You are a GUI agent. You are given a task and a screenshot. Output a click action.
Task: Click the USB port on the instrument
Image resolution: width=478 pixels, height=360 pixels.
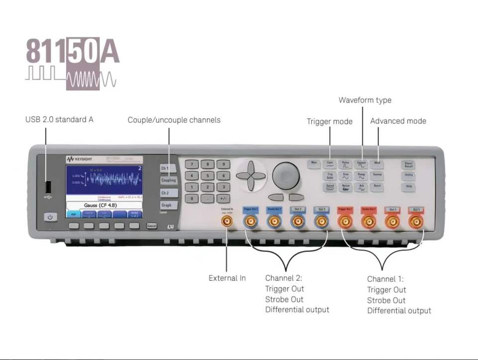48,187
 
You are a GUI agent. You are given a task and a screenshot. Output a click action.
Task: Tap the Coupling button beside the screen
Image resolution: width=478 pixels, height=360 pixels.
168,180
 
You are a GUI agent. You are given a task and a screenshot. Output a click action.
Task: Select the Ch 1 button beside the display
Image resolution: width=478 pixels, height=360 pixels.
165,168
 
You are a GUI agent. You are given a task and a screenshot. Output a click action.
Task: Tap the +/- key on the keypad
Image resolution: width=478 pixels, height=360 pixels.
223,198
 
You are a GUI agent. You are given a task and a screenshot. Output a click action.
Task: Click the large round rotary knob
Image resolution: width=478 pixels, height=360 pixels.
286,175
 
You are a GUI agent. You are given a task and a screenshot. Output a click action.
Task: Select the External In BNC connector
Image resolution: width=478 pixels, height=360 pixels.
227,221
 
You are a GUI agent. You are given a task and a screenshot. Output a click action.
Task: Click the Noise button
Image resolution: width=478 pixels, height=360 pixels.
346,187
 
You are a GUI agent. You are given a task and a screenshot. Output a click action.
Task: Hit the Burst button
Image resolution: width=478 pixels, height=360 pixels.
377,186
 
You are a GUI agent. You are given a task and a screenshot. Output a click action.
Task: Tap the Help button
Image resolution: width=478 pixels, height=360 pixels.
409,186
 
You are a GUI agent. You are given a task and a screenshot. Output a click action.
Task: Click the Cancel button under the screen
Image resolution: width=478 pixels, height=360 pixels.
152,226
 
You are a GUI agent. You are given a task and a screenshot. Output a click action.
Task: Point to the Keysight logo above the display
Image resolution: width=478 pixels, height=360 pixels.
77,159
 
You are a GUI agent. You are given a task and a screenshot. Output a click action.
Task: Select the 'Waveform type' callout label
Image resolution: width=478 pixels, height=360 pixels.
365,100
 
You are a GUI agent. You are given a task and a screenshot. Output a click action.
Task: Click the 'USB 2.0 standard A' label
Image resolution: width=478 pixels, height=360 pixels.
59,120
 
